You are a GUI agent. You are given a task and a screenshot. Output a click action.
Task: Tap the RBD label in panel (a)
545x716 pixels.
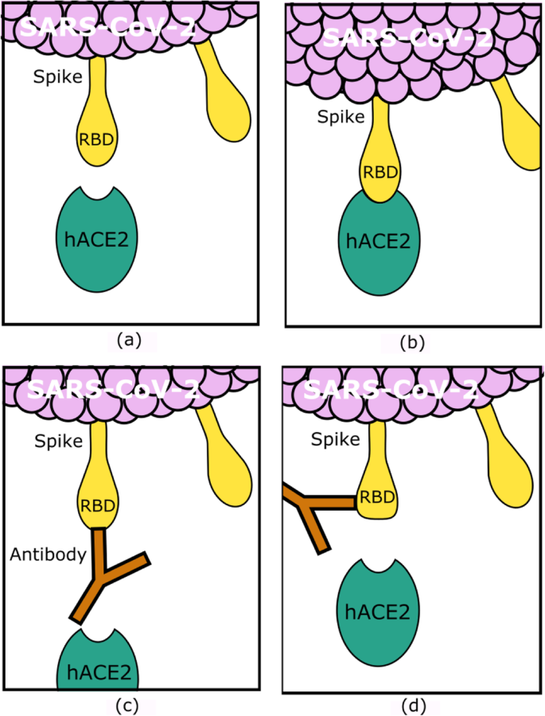(x=95, y=139)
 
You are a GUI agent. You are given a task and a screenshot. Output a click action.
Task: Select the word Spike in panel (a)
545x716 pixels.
(x=56, y=78)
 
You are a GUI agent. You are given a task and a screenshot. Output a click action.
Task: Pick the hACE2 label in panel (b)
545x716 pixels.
(x=379, y=240)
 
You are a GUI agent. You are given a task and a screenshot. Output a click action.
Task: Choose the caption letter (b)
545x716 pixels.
(x=414, y=343)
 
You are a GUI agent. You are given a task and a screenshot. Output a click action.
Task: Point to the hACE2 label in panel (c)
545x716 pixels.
(x=98, y=672)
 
